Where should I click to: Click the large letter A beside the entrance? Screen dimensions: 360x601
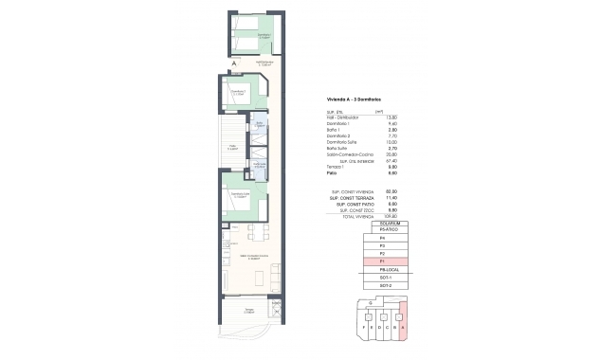point(221,64)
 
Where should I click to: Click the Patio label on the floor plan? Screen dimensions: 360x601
point(231,147)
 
